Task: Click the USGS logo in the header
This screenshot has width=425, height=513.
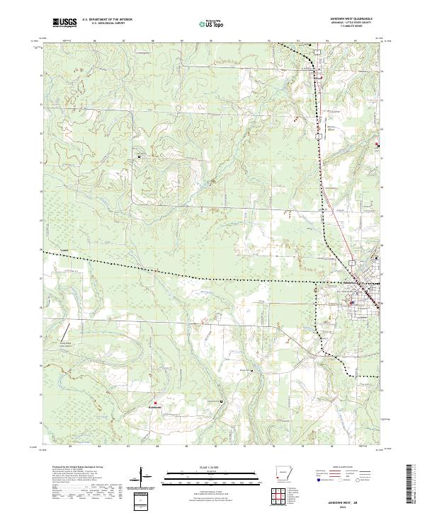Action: point(64,23)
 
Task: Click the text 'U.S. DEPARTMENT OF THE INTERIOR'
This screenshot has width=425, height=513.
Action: point(107,19)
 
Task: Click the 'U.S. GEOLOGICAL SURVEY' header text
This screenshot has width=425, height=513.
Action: point(102,23)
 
